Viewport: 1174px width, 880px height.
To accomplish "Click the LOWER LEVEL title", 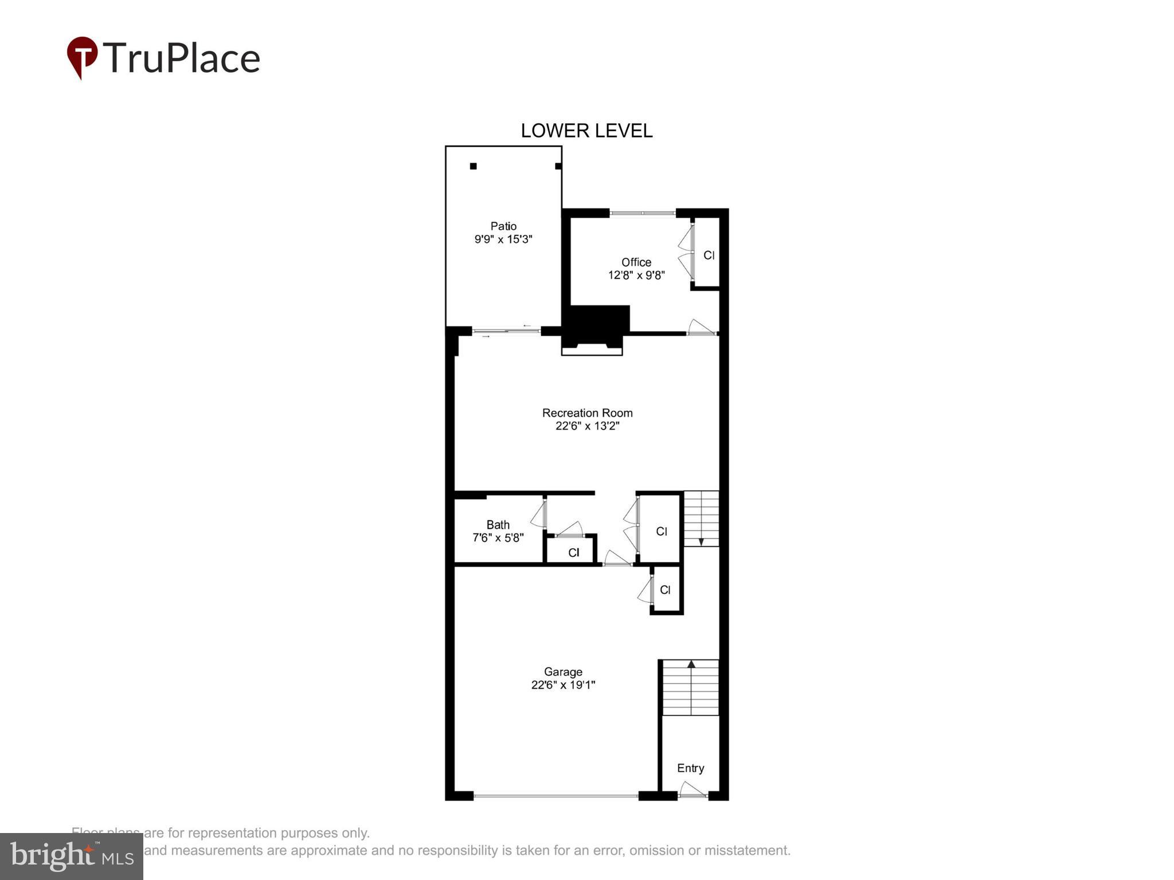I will pyautogui.click(x=586, y=131).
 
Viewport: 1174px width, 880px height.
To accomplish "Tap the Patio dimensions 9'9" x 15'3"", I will pyautogui.click(x=503, y=239).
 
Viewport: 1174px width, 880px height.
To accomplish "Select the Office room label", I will pyautogui.click(x=636, y=262).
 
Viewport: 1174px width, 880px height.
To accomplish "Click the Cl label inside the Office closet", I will pyautogui.click(x=709, y=256).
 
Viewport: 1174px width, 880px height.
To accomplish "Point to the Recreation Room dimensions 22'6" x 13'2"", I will pyautogui.click(x=587, y=426).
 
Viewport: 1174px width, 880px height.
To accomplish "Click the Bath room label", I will pyautogui.click(x=498, y=524).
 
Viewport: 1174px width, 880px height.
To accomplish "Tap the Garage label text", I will pyautogui.click(x=563, y=671).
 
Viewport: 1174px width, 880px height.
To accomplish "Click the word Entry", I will pyautogui.click(x=690, y=768).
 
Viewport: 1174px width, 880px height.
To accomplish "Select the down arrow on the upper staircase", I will pyautogui.click(x=701, y=541).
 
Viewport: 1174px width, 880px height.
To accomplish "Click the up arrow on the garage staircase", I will pyautogui.click(x=691, y=665).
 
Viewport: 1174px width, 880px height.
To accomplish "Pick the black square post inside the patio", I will pyautogui.click(x=473, y=166).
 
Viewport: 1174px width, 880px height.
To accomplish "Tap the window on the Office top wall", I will pyautogui.click(x=642, y=213).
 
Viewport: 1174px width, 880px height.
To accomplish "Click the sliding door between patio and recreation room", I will pyautogui.click(x=506, y=331).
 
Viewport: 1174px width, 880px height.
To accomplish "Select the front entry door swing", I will pyautogui.click(x=692, y=791).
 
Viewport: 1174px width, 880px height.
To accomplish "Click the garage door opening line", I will pyautogui.click(x=555, y=795).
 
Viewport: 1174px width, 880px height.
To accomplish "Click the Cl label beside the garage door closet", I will pyautogui.click(x=665, y=590).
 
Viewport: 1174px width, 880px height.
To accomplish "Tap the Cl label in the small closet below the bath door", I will pyautogui.click(x=573, y=552).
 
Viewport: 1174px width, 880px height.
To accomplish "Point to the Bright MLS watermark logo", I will pyautogui.click(x=72, y=856).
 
